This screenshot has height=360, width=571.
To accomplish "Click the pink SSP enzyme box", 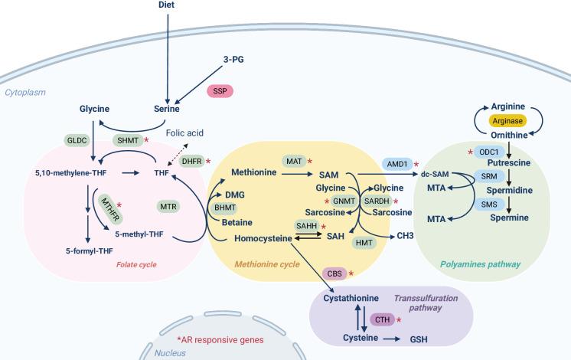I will coord(220,90).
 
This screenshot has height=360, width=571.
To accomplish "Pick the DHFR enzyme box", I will coord(190,162).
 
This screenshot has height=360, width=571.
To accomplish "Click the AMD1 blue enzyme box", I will coord(396,163).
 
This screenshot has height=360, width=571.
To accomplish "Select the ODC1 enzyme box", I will coord(488,152).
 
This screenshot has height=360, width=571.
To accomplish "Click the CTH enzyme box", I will coord(381,319).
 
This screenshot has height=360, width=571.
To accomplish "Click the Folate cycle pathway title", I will coord(137,265).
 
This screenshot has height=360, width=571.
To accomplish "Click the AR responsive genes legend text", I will coord(220,339).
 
